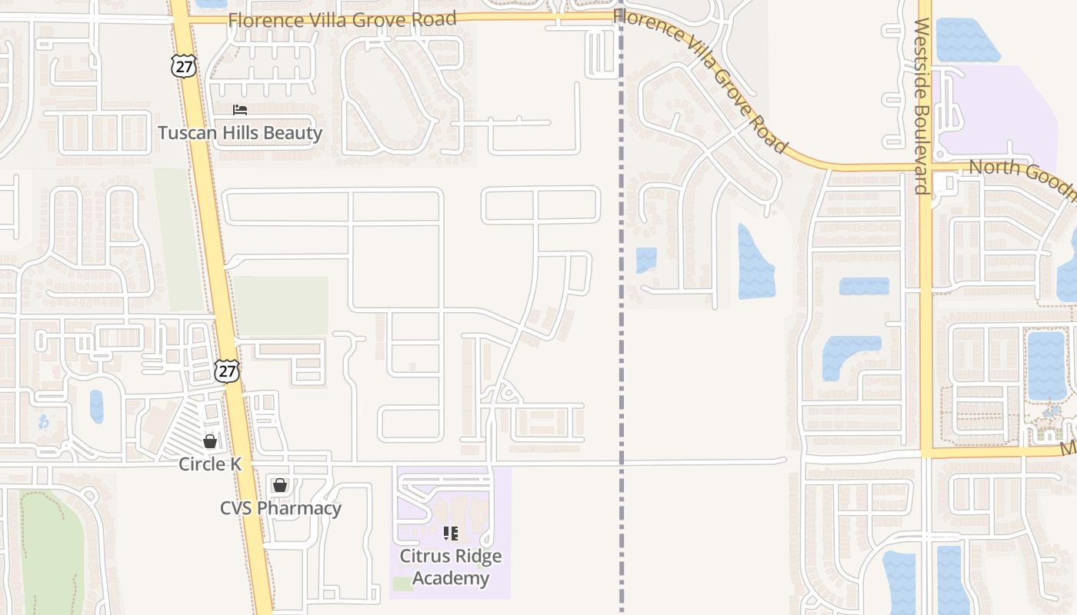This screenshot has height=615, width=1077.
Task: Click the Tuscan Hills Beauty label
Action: [x=240, y=133]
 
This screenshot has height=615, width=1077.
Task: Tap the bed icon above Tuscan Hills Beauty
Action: [x=240, y=111]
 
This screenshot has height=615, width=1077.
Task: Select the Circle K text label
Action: [x=210, y=464]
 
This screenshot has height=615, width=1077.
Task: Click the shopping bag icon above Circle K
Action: [x=210, y=441]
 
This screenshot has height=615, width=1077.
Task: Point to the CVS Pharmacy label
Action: [x=280, y=508]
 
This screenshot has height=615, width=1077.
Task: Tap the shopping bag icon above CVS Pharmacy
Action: [x=280, y=485]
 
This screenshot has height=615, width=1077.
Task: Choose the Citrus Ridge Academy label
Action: [x=451, y=567]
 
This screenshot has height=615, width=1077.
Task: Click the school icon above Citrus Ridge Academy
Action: [x=451, y=532]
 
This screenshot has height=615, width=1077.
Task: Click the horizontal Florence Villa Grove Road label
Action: [x=342, y=19]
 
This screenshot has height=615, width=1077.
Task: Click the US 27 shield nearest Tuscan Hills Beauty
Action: [x=184, y=66]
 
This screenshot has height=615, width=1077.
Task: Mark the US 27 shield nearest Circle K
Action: [x=227, y=371]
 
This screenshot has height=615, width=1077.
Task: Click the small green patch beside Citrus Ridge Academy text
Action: [x=402, y=583]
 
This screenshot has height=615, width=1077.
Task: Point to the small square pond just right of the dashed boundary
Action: [x=646, y=260]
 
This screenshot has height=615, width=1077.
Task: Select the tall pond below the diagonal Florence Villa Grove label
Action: [x=755, y=264]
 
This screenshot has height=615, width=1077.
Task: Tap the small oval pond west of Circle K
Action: [x=96, y=406]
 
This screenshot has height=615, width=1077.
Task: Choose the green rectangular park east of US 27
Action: [x=280, y=306]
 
